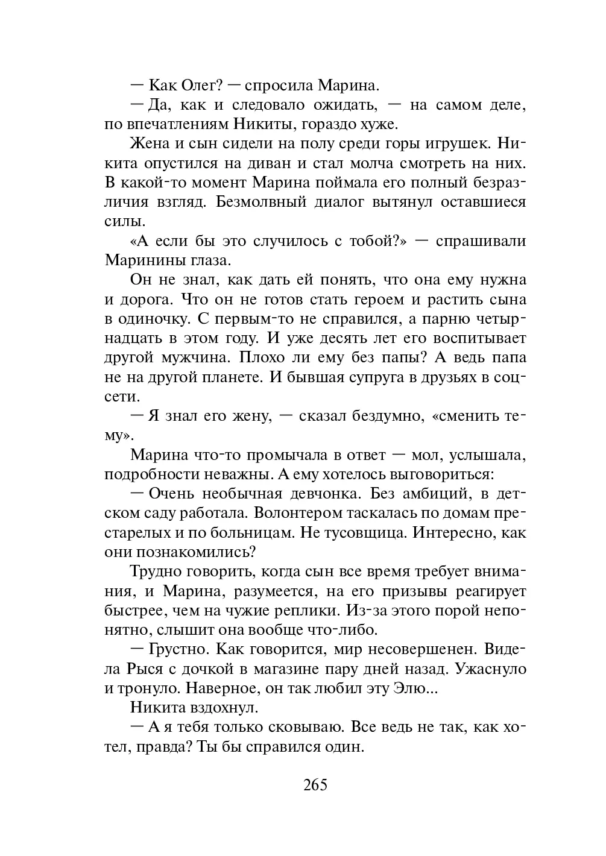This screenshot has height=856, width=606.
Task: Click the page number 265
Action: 315,785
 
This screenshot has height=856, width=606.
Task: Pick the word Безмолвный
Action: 259,202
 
